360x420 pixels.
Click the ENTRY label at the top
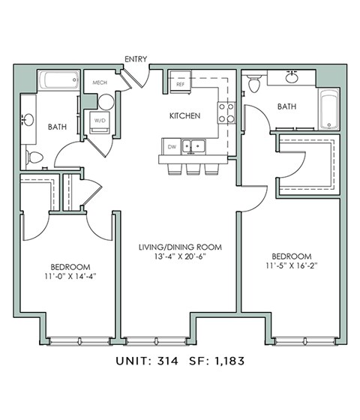[x=137, y=58]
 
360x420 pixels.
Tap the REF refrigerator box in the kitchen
[x=180, y=84]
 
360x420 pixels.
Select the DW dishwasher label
[x=172, y=146]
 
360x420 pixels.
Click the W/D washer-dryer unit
[x=100, y=122]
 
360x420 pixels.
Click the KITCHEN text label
[x=184, y=115]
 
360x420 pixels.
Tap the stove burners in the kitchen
[x=226, y=112]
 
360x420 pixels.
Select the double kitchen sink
[x=196, y=146]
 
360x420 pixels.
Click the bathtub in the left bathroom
[x=58, y=81]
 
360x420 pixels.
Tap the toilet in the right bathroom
[x=254, y=84]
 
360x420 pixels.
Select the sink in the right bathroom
[x=291, y=77]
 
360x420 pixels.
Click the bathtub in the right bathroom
[x=328, y=109]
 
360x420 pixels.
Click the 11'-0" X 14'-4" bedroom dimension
[x=70, y=275]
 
